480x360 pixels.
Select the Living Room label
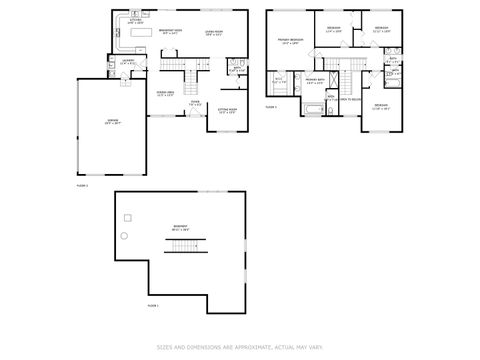coord(214,31)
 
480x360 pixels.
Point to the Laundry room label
coord(128,64)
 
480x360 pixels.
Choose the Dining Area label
coord(165,93)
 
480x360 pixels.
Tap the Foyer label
coord(196,103)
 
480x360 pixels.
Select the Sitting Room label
coord(227,111)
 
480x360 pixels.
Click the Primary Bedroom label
coord(291,42)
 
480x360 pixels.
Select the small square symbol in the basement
coord(127,216)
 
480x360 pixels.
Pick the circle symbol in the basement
coord(126,235)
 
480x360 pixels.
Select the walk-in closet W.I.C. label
coord(280,80)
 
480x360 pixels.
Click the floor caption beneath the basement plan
coord(153,305)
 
